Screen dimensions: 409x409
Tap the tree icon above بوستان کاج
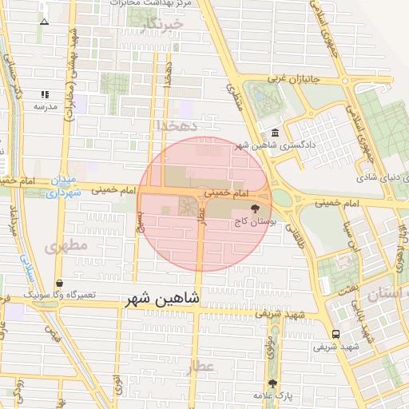click(x=255, y=209)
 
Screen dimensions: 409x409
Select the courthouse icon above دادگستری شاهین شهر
click(x=276, y=132)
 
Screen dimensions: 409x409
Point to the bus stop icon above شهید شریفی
click(x=335, y=334)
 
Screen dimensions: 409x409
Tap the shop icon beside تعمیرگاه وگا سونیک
click(x=61, y=283)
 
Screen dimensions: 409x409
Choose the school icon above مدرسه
click(x=45, y=94)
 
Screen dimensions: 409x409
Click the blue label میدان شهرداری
click(x=63, y=186)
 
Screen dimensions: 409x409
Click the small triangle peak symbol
click(x=44, y=22)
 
